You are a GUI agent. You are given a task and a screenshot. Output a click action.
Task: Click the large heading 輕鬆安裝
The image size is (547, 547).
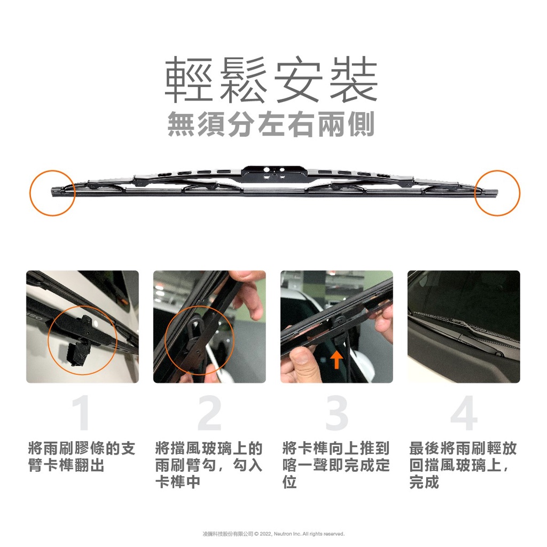pyautogui.click(x=271, y=80)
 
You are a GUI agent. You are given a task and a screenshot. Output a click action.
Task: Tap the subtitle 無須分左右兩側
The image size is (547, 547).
pyautogui.click(x=271, y=124)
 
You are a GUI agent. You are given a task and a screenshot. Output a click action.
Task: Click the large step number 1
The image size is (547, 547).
pyautogui.click(x=82, y=413)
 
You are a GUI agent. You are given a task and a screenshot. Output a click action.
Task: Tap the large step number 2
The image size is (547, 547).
pyautogui.click(x=209, y=413)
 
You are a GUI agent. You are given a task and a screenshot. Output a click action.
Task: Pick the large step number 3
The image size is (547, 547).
pyautogui.click(x=337, y=413)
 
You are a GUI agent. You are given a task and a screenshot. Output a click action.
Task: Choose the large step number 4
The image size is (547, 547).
pyautogui.click(x=464, y=413)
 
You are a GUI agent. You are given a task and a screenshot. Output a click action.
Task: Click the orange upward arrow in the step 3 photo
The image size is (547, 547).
pyautogui.click(x=337, y=360)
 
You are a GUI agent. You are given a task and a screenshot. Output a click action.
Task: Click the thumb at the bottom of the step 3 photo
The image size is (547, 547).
pyautogui.click(x=301, y=360)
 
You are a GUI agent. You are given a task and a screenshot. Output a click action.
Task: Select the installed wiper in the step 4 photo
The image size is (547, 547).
pyautogui.click(x=464, y=327)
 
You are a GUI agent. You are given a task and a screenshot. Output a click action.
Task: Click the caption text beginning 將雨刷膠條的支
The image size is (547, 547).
pyautogui.click(x=82, y=457)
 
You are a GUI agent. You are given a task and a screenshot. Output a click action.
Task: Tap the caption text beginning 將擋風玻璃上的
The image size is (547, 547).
pyautogui.click(x=209, y=465)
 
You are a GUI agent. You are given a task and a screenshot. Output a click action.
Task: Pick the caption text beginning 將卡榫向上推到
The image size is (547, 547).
pyautogui.click(x=336, y=465)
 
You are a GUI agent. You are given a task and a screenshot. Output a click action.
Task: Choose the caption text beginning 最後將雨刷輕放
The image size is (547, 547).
pyautogui.click(x=463, y=465)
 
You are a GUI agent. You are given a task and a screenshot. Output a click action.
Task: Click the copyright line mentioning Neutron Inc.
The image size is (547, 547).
pyautogui.click(x=273, y=534)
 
